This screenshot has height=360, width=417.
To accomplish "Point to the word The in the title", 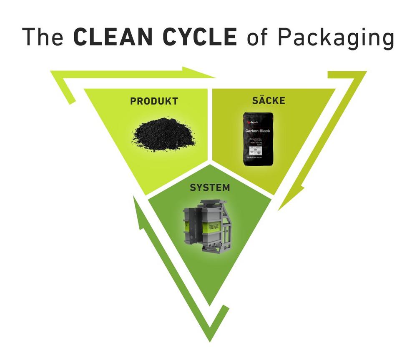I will click(44, 37).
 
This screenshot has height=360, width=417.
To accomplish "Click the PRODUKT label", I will click(154, 101).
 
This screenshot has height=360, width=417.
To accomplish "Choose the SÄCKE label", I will click(269, 100).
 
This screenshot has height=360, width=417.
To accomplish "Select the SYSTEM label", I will click(210, 187).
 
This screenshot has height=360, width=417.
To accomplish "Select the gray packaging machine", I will click(208, 225).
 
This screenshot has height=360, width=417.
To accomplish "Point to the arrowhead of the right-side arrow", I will click(288, 200).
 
